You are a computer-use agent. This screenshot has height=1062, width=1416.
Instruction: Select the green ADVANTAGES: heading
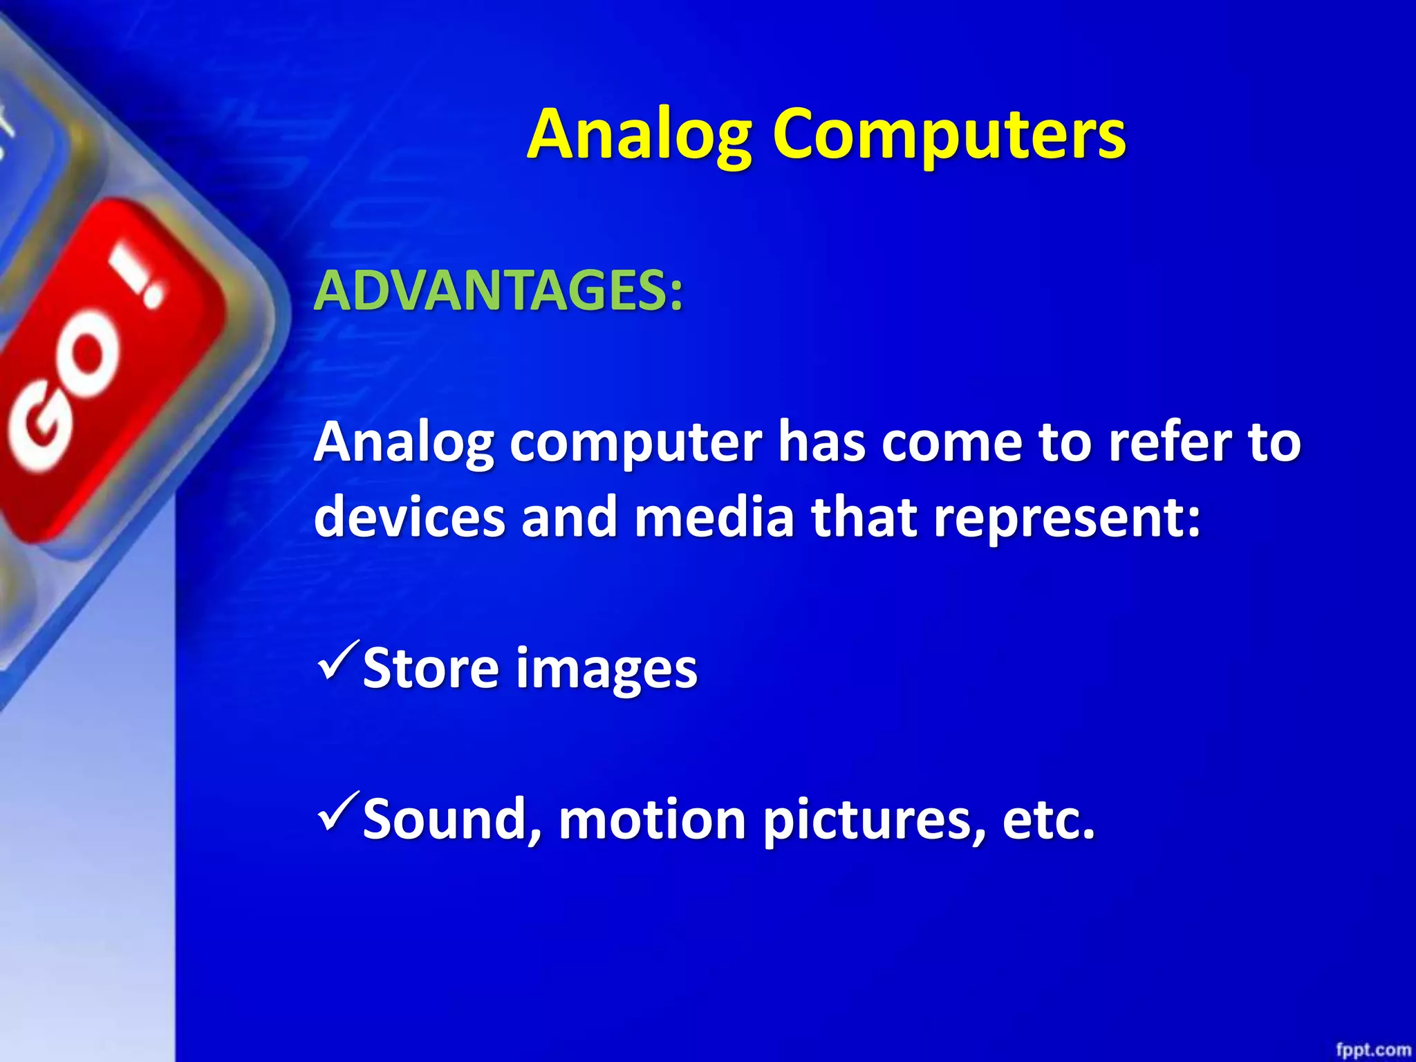coord(499,290)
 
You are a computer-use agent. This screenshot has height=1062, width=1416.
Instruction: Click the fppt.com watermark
coord(1372,1050)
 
